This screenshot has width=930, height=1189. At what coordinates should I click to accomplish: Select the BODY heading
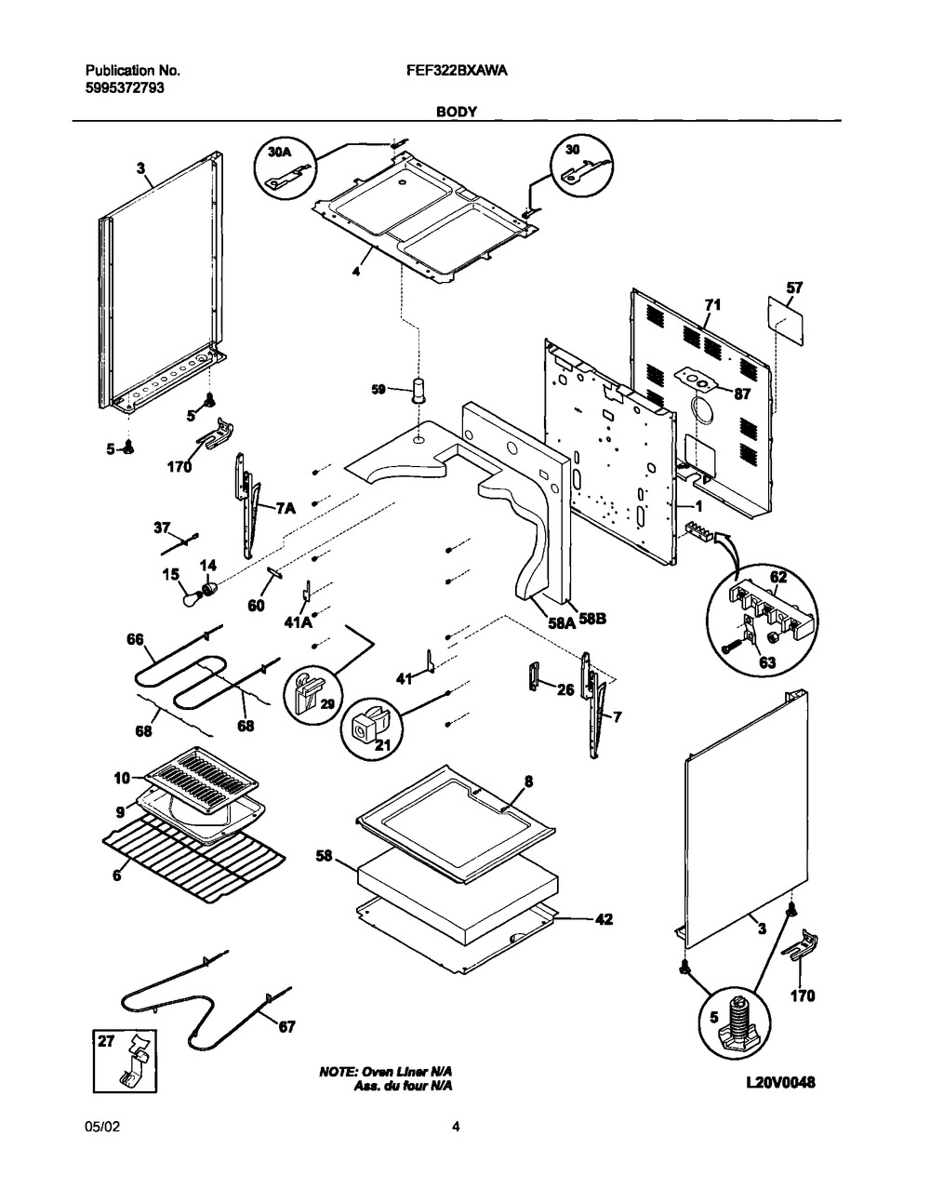click(x=456, y=112)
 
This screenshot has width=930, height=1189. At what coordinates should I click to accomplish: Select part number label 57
click(x=793, y=289)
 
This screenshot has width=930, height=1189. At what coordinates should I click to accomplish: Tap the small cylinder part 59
click(x=418, y=390)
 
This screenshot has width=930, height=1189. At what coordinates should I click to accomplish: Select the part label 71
click(x=712, y=305)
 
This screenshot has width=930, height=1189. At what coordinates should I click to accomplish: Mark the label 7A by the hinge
click(x=285, y=507)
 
